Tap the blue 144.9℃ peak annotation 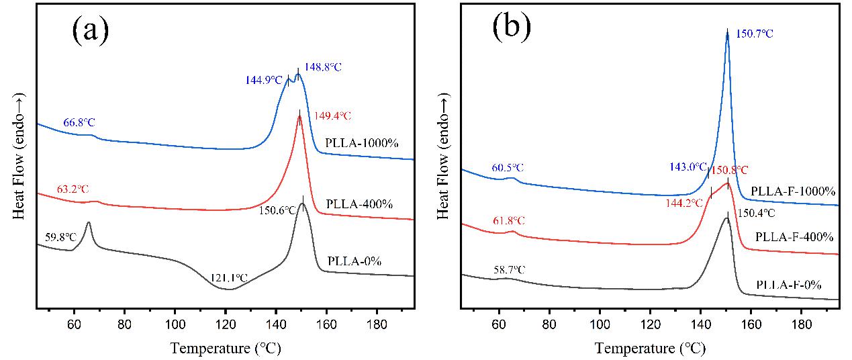click(264, 80)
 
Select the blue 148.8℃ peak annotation click(324, 68)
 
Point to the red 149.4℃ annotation click(330, 116)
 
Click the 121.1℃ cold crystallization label click(229, 277)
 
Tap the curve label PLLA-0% click(354, 261)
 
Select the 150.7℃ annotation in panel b click(755, 33)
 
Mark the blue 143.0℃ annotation click(688, 167)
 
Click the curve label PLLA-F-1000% click(794, 191)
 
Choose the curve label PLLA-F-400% click(794, 237)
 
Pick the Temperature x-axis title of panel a click(225, 349)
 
